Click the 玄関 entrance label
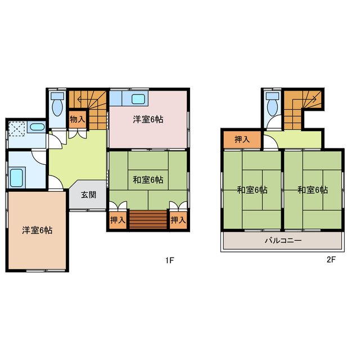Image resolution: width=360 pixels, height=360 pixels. (88, 195)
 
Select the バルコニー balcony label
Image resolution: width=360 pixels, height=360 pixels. (283, 241)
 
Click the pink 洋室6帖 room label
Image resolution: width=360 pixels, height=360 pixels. (148, 119)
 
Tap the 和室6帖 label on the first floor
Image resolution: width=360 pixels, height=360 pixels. (148, 180)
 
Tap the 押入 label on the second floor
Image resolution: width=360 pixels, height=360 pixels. (242, 139)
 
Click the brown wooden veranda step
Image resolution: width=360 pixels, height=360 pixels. (148, 220)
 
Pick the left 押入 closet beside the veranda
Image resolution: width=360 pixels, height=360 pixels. (118, 220)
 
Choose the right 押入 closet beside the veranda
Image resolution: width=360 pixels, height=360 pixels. (178, 220)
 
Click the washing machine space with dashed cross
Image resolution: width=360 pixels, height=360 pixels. (19, 129)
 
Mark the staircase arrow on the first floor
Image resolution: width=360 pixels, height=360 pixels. (88, 101)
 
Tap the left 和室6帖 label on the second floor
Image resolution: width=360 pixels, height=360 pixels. (251, 190)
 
